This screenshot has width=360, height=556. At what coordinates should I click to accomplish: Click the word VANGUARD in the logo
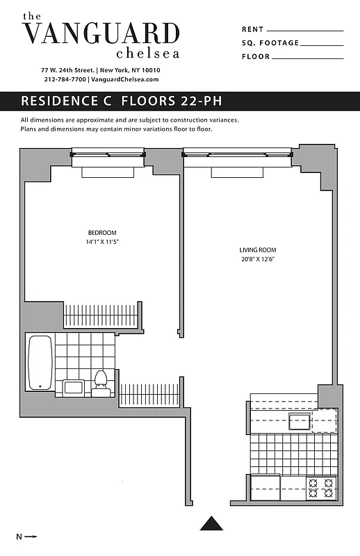point(101,33)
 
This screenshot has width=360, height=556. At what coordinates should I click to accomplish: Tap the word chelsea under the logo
point(148,53)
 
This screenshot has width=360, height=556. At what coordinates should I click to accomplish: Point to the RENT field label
point(252,30)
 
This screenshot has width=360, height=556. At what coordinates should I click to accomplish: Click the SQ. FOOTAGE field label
point(270,43)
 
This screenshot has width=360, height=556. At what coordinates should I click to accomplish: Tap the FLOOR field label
point(256,56)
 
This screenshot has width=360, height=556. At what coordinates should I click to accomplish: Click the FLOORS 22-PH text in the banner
point(172,101)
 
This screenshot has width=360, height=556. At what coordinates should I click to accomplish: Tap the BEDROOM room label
point(102,232)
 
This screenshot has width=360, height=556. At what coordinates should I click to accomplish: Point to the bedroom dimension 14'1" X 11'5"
point(102,242)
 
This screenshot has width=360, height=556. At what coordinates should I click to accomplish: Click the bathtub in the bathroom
point(40,362)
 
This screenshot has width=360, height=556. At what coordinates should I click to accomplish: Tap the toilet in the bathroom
point(101,382)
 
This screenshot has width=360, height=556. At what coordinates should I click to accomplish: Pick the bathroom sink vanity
point(73,386)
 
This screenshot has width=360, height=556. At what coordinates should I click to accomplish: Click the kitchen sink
point(299,421)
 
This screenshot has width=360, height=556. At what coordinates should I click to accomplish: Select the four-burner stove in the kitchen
point(322,487)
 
